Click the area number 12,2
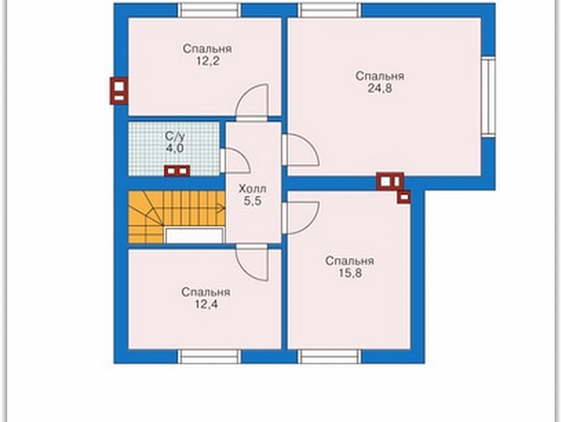207,61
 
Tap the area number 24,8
380,88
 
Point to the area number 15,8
350,273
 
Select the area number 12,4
206,304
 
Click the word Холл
252,189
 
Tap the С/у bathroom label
175,137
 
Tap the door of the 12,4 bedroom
251,263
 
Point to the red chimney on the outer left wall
119,91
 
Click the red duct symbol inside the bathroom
177,171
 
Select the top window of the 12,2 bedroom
210,11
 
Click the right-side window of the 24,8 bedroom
488,97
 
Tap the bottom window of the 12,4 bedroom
210,356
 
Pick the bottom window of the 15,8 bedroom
329,356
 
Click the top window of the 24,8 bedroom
330,11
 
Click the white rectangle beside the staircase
195,236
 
